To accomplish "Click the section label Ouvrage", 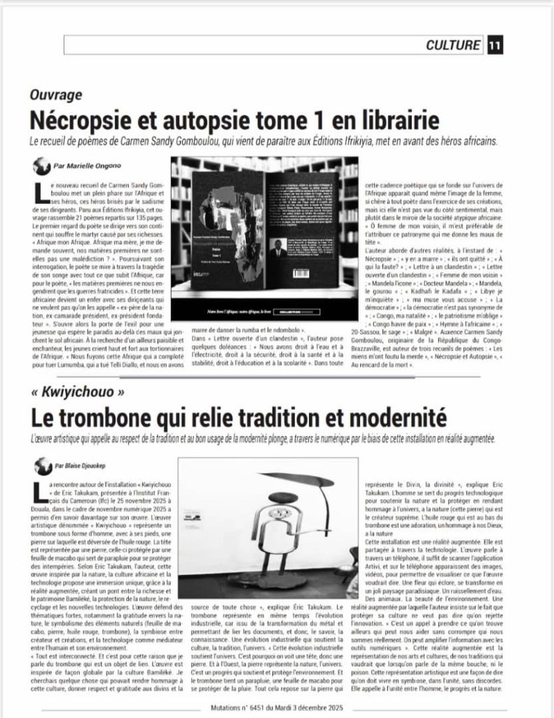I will point(56,95).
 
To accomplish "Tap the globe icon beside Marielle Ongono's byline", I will point(41,166).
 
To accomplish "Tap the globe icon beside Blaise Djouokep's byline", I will point(42,465).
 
